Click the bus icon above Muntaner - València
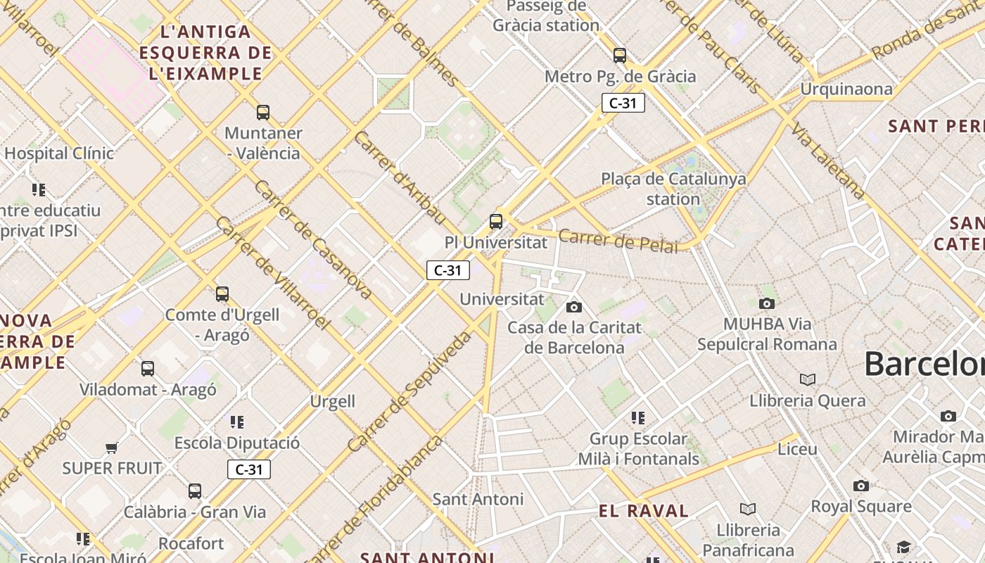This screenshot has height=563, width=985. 263,112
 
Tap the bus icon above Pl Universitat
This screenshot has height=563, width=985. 496,222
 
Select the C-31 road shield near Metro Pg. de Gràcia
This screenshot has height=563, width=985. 623,103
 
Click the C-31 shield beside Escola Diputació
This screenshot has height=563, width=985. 249,469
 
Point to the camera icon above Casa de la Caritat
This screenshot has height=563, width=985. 574,307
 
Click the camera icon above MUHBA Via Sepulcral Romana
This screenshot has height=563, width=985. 767,304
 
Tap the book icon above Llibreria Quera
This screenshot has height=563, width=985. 808,380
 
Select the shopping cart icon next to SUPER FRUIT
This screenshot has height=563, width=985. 111,448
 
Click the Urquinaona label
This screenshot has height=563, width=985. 846,89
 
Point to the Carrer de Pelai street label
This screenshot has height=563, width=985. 619,241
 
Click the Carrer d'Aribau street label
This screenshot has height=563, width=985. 399,177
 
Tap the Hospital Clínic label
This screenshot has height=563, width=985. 59,153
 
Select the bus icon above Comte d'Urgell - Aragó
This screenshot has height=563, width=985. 222,294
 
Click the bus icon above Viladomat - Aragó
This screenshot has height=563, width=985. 148,369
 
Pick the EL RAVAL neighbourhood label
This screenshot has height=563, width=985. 644,512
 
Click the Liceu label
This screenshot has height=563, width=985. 798,449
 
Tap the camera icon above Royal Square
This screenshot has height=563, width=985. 861,486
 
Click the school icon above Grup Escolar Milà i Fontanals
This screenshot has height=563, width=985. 638,418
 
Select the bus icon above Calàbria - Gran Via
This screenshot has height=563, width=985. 195,491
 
